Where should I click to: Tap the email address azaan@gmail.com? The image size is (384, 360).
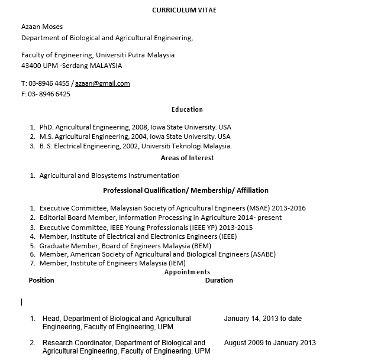(x=102, y=83)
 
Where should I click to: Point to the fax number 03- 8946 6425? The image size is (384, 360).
(x=49, y=94)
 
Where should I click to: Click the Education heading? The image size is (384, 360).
(x=187, y=109)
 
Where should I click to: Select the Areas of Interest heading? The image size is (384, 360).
(x=187, y=158)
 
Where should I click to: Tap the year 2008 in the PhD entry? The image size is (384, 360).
(x=140, y=127)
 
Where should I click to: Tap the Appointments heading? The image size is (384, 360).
(x=187, y=272)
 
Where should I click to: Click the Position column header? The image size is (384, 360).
(x=41, y=280)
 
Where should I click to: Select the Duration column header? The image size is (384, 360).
(x=219, y=280)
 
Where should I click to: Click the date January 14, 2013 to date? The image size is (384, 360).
(x=263, y=319)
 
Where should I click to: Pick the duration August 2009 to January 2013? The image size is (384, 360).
(x=270, y=342)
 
